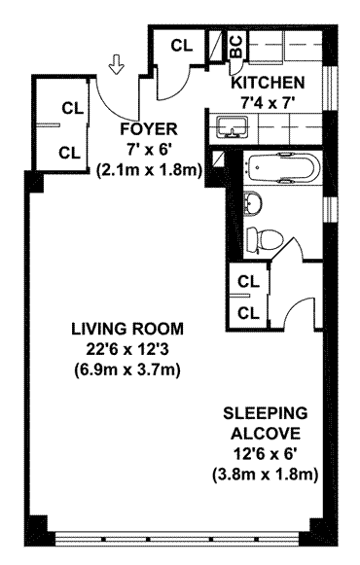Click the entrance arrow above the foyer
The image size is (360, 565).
point(116,65)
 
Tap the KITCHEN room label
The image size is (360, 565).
point(268,83)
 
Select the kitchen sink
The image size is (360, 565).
point(231,127)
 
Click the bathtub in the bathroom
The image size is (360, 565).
point(282,168)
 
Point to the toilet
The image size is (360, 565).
point(265,239)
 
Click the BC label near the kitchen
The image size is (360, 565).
point(237,47)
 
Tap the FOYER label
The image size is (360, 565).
point(149,129)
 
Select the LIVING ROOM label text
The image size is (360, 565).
point(127,329)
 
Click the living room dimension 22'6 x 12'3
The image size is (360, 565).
point(127,349)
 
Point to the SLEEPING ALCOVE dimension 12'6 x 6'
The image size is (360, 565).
point(266,454)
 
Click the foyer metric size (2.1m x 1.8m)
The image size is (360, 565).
point(149,170)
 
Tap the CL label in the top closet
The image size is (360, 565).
point(182,46)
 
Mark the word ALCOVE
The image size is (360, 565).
point(266,433)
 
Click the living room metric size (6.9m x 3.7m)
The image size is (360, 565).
point(127,371)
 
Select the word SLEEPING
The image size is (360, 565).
point(266,413)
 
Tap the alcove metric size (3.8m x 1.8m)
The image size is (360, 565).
point(266,475)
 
